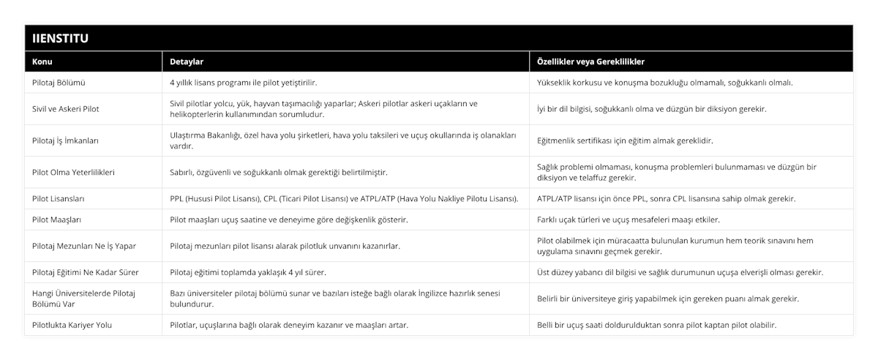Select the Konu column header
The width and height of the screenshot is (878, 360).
tap(42, 61)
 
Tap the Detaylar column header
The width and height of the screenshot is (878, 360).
tap(187, 61)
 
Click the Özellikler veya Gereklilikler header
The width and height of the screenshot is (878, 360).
tap(591, 61)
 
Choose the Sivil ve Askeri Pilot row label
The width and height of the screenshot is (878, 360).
tap(66, 109)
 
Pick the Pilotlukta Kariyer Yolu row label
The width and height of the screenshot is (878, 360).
tap(73, 325)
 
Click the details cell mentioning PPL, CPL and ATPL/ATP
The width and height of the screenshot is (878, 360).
tap(344, 199)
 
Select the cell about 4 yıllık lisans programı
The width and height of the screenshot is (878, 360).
tap(244, 83)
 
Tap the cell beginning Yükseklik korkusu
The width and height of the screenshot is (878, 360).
tap(664, 83)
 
